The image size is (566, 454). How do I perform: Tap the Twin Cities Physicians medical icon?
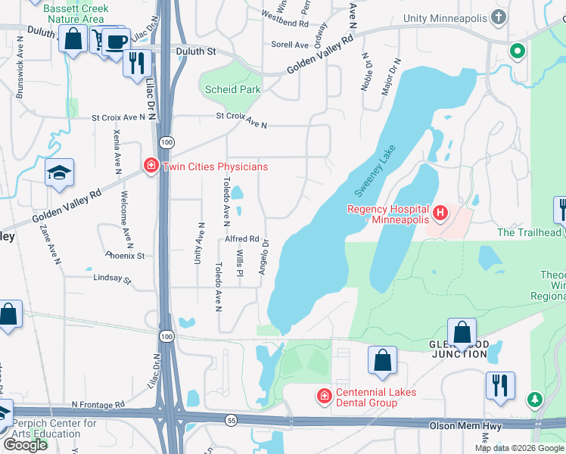point(150,166)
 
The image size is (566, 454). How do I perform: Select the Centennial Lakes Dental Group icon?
point(324,396)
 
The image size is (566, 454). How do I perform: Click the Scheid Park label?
point(233,89)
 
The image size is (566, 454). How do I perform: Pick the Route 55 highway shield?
point(229,418)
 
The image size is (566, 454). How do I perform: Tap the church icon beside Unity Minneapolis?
point(498,17)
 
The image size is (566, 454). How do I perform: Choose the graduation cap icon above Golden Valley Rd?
point(59,173)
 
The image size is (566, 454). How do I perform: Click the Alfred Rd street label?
point(242,238)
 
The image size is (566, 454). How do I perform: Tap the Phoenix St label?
point(125,256)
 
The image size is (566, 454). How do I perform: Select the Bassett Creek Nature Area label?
point(76,14)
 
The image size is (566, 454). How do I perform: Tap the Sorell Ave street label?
point(289,45)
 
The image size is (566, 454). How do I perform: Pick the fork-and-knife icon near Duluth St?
point(137,63)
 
